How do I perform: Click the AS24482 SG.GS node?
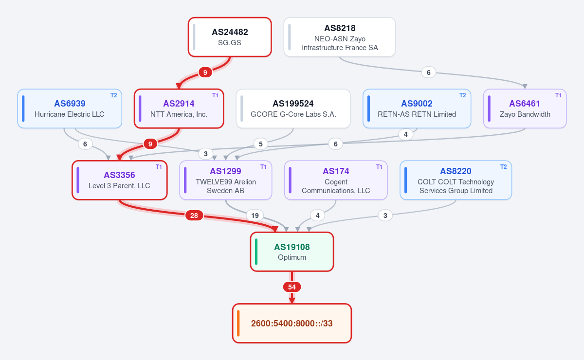(x=230, y=37)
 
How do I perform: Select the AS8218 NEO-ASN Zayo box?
(x=340, y=37)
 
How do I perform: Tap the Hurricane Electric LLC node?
(x=70, y=108)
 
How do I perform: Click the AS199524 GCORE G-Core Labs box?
(x=293, y=108)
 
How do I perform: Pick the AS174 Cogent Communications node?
(x=336, y=180)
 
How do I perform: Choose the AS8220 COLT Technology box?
(x=456, y=180)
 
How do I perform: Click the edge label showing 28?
(x=194, y=216)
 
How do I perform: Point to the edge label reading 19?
(x=255, y=216)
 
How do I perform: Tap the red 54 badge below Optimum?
(x=292, y=287)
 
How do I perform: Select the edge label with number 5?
(x=261, y=144)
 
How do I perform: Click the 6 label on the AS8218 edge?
(x=429, y=72)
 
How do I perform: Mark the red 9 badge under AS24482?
(x=205, y=72)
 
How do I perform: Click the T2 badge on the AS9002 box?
(x=462, y=95)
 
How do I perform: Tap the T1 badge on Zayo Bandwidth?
(x=558, y=95)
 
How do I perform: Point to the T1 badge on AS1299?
(x=263, y=167)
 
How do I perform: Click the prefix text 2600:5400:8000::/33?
(x=292, y=323)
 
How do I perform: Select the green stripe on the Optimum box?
(x=256, y=252)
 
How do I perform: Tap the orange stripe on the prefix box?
(x=238, y=323)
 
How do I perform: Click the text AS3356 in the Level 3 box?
(x=119, y=175)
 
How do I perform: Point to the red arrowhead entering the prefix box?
(x=292, y=301)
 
